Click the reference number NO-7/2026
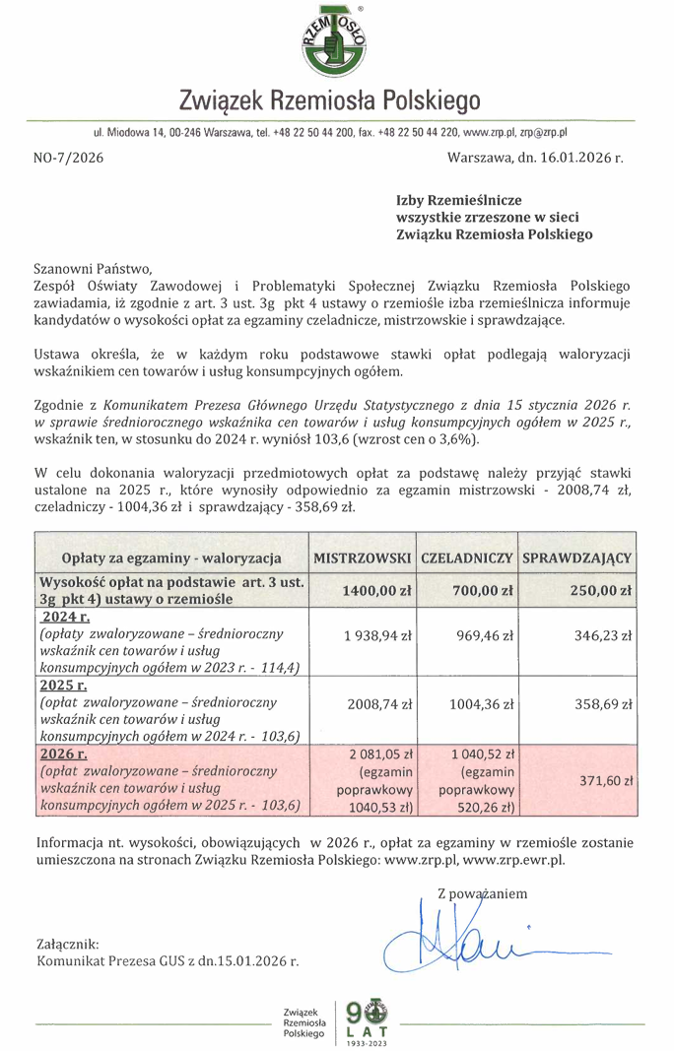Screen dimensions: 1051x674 [68, 157]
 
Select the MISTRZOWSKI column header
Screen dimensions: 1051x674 [362, 558]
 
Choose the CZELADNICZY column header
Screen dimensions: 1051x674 [466, 558]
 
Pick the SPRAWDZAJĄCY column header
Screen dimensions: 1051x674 [576, 558]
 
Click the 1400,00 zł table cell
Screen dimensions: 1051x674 [376, 591]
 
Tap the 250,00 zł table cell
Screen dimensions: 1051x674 [600, 591]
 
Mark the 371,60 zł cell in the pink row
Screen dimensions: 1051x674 [602, 779]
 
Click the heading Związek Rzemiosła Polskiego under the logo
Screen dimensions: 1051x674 [330, 100]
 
